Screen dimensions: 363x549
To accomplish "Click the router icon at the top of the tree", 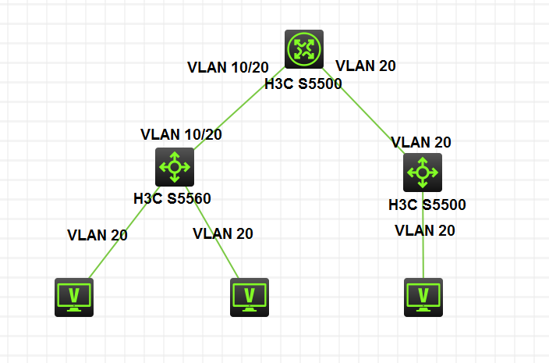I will point(303,49).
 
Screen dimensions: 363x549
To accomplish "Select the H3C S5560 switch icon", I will point(174,166).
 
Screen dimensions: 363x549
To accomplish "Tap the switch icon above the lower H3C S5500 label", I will point(423,173).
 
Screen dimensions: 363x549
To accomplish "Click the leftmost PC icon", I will point(74,297).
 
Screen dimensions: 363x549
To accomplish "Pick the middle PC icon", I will point(250,297).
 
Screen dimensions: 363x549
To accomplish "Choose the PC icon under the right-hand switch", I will point(423,297).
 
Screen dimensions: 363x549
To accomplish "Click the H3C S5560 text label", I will point(172,198).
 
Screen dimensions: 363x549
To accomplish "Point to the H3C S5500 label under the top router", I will point(303,84).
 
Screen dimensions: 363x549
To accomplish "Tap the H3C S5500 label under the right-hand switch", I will point(427,205).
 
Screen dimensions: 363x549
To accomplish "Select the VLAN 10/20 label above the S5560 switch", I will point(181,133).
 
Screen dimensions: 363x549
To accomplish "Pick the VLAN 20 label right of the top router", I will point(364,66).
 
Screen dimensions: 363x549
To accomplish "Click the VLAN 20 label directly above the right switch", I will point(421,142).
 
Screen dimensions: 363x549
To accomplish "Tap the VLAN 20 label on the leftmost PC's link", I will point(97,234).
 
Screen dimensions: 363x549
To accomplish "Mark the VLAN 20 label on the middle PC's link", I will point(222,233).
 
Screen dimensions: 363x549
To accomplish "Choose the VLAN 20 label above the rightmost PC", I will point(425,230).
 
